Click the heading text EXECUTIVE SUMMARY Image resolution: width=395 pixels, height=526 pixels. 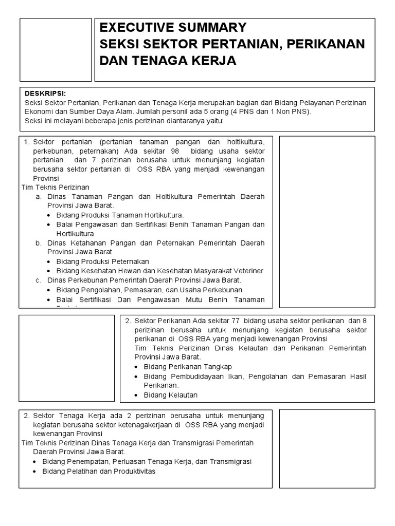(173, 28)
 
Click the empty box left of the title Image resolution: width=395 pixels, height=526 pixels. (56, 50)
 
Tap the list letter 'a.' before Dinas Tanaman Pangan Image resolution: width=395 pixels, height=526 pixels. (39, 197)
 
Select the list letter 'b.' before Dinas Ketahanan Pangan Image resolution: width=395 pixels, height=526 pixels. (39, 243)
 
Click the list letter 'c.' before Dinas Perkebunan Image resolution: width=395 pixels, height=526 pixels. (39, 280)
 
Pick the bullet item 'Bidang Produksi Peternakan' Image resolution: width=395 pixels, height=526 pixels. (102, 261)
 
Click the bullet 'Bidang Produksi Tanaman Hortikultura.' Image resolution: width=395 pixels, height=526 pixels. (120, 215)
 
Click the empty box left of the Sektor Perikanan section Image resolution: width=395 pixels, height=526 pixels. (67, 358)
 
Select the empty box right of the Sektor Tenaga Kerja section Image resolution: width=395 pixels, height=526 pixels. (327, 448)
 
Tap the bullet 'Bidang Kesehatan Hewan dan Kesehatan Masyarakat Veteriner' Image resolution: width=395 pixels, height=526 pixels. (160, 271)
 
